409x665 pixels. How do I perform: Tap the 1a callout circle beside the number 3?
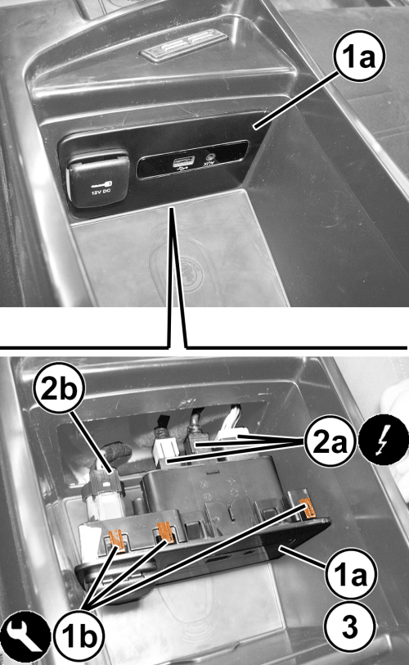[351, 574]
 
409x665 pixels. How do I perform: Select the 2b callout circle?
[60, 388]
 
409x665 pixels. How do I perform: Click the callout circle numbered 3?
[350, 626]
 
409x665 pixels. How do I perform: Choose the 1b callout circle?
[79, 636]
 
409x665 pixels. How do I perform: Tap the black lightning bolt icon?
[384, 441]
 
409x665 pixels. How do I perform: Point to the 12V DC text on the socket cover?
[101, 192]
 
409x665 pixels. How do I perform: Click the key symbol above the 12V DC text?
[101, 183]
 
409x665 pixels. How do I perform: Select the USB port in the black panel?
[183, 161]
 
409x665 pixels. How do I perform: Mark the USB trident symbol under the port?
[183, 170]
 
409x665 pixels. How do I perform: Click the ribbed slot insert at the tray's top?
[184, 45]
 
